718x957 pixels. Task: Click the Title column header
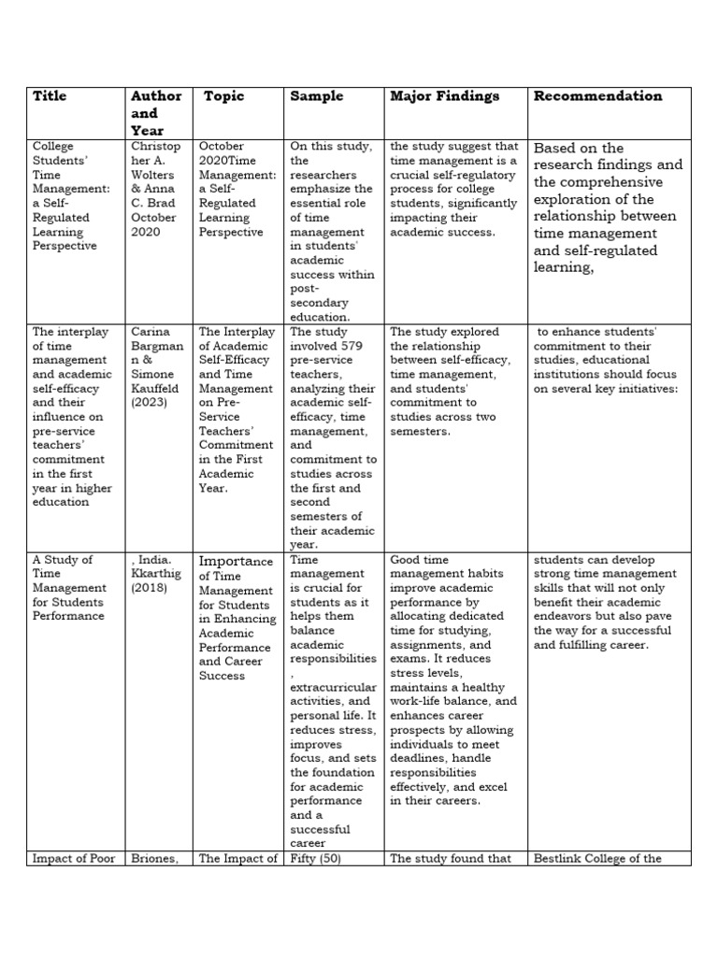click(x=50, y=96)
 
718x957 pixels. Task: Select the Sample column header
click(x=316, y=96)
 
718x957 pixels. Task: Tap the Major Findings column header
click(x=444, y=96)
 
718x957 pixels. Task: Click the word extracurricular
click(x=333, y=687)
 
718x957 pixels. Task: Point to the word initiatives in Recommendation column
click(x=642, y=388)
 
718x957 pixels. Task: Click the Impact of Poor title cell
click(x=72, y=859)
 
